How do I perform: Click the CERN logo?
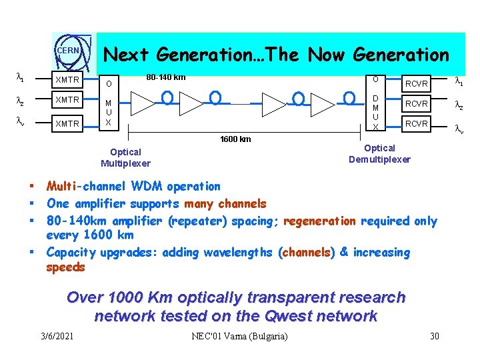(68, 51)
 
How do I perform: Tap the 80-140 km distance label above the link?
(165, 77)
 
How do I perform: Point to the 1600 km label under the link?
(235, 139)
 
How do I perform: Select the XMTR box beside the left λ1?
(67, 80)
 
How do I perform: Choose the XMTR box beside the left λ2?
(67, 100)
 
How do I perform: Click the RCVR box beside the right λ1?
(417, 83)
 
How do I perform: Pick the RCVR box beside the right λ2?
(417, 103)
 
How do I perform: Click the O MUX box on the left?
(109, 103)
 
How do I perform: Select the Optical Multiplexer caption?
(125, 157)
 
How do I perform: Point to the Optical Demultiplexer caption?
(379, 153)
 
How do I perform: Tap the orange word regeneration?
(320, 221)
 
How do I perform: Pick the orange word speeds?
(65, 267)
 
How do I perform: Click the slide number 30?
(434, 336)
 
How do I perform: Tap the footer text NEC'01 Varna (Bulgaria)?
(239, 336)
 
